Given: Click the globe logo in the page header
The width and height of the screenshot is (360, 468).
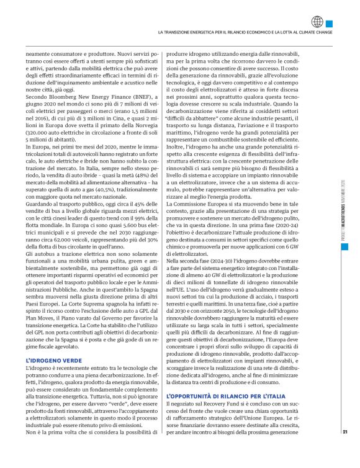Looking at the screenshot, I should click(x=336, y=20).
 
